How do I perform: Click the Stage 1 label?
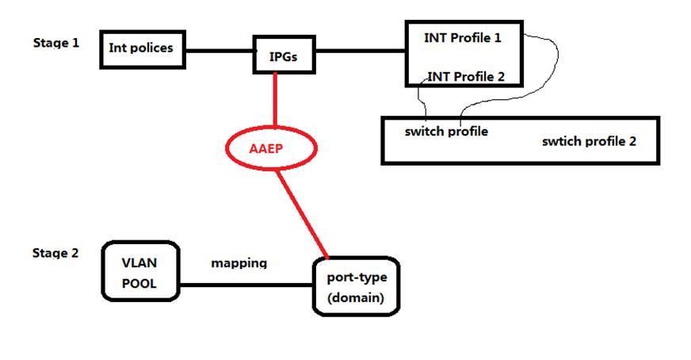tap(56, 43)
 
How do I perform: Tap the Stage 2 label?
tap(55, 253)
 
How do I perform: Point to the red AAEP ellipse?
tap(271, 128)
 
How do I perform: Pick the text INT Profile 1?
tap(463, 38)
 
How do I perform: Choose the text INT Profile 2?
tap(466, 77)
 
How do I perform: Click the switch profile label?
tap(446, 132)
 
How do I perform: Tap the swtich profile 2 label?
tap(590, 141)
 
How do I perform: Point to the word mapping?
tap(239, 263)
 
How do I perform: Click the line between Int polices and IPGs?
tap(220, 51)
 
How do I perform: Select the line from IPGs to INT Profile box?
tap(361, 51)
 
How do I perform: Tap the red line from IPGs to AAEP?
tap(276, 100)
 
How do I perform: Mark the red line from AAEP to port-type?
tap(303, 214)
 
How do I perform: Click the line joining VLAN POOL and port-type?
tap(246, 285)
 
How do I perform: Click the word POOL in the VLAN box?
tap(139, 284)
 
